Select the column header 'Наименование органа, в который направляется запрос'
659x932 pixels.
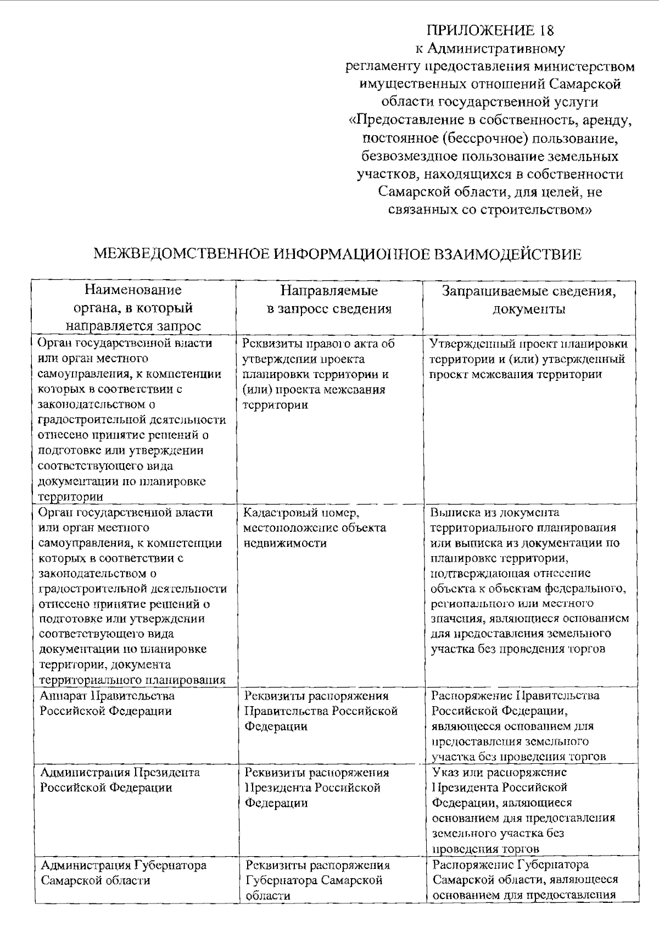point(133,308)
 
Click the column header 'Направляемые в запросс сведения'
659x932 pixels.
point(329,299)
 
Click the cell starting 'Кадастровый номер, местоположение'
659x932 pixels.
point(315,528)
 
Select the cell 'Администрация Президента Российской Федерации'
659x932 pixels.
point(119,780)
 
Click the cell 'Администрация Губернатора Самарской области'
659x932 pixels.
point(124,873)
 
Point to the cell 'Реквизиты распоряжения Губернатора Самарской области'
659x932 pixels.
point(317,880)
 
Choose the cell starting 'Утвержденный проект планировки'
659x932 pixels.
point(528,359)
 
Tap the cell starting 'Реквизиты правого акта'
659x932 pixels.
point(318,374)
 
